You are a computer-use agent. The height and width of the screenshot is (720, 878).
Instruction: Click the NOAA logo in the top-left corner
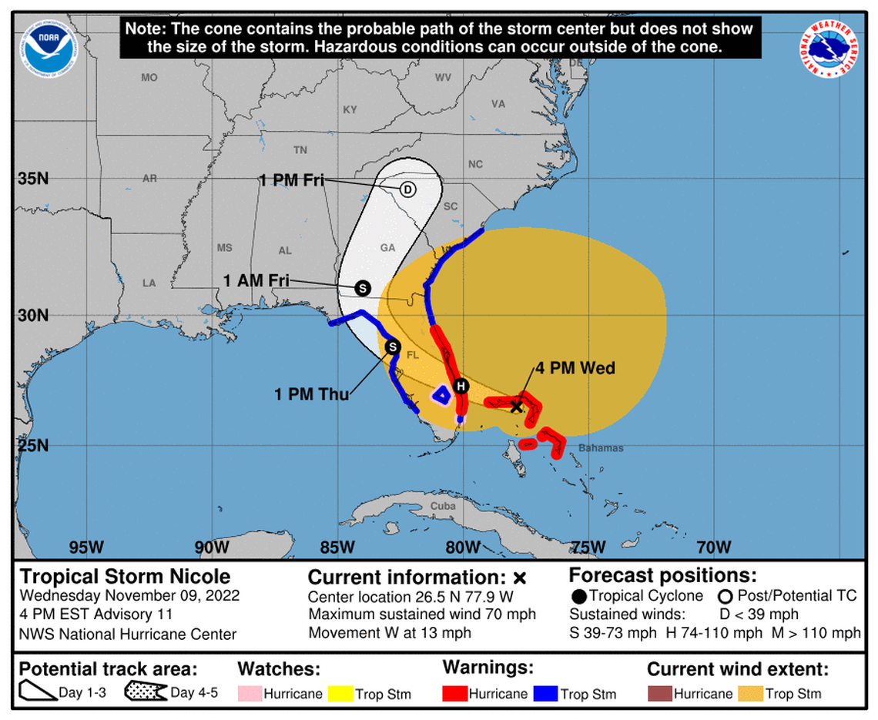point(50,47)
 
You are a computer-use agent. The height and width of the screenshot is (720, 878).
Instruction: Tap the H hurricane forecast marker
point(461,386)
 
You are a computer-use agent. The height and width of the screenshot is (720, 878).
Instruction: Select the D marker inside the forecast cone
point(407,189)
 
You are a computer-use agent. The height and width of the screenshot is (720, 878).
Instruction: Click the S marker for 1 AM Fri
point(362,287)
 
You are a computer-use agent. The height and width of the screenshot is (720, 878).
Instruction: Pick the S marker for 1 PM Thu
point(392,347)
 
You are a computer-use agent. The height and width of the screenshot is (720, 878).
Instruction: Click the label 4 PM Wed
point(575,368)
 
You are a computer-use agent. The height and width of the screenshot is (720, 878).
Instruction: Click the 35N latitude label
point(32,179)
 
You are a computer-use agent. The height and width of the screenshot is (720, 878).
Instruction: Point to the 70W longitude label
point(713,548)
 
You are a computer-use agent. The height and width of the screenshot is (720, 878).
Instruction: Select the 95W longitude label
point(86,548)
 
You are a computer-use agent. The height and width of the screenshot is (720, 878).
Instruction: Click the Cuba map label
point(443,506)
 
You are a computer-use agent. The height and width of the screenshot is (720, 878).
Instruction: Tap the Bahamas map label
point(601,448)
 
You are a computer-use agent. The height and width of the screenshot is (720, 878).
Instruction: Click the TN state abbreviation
point(300,149)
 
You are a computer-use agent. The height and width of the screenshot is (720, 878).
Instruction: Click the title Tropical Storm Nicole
point(125,577)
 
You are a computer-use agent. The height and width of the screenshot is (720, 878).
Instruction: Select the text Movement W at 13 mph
point(390,633)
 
